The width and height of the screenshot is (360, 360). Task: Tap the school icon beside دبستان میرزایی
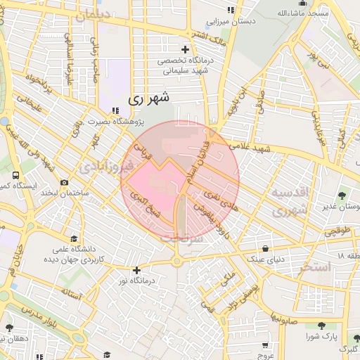pyautogui.click(x=231, y=11)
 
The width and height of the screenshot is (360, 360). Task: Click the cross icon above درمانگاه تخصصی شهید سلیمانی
pyautogui.click(x=186, y=49)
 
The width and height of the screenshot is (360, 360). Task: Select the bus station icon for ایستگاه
pyautogui.click(x=15, y=174)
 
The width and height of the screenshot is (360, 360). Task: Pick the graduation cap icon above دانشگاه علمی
pyautogui.click(x=73, y=239)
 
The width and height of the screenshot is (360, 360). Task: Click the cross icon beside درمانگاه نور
pyautogui.click(x=136, y=270)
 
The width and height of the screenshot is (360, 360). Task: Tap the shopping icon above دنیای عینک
pyautogui.click(x=265, y=248)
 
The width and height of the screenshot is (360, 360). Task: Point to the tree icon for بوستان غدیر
pyautogui.click(x=342, y=196)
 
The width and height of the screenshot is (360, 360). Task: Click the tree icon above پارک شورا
pyautogui.click(x=321, y=326)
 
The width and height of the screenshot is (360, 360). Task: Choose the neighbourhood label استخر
pyautogui.click(x=314, y=267)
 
